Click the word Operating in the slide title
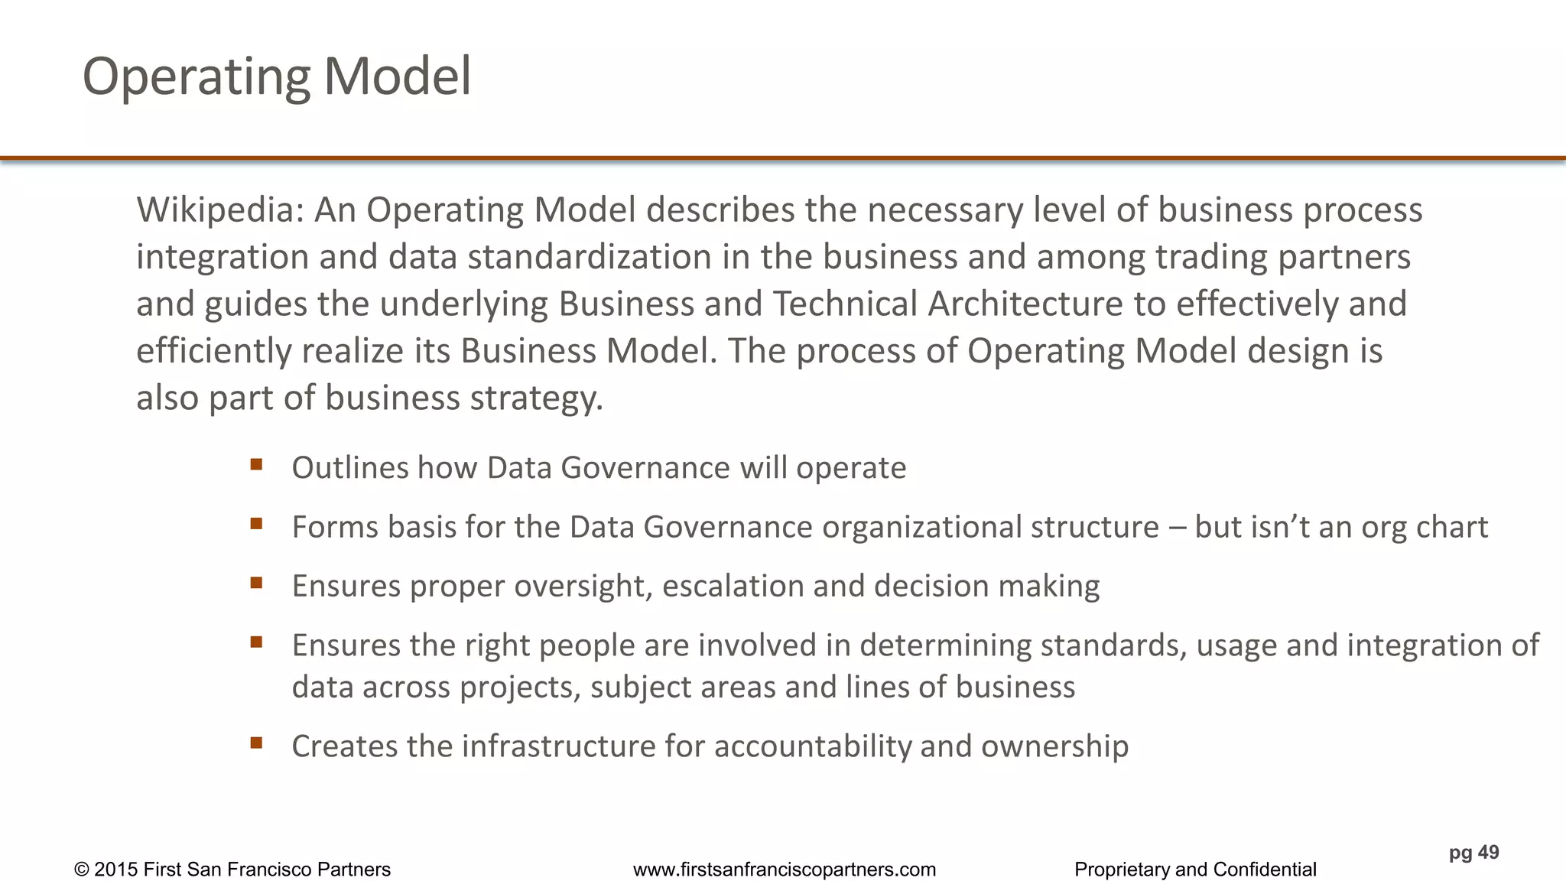[x=196, y=78]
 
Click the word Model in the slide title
[x=397, y=76]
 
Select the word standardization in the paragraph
[x=590, y=257]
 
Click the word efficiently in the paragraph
[x=213, y=352]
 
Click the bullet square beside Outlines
[x=256, y=464]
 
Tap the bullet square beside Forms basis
[x=256, y=524]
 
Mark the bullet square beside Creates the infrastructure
[x=256, y=743]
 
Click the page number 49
[x=1488, y=853]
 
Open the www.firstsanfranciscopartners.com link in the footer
[x=785, y=870]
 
